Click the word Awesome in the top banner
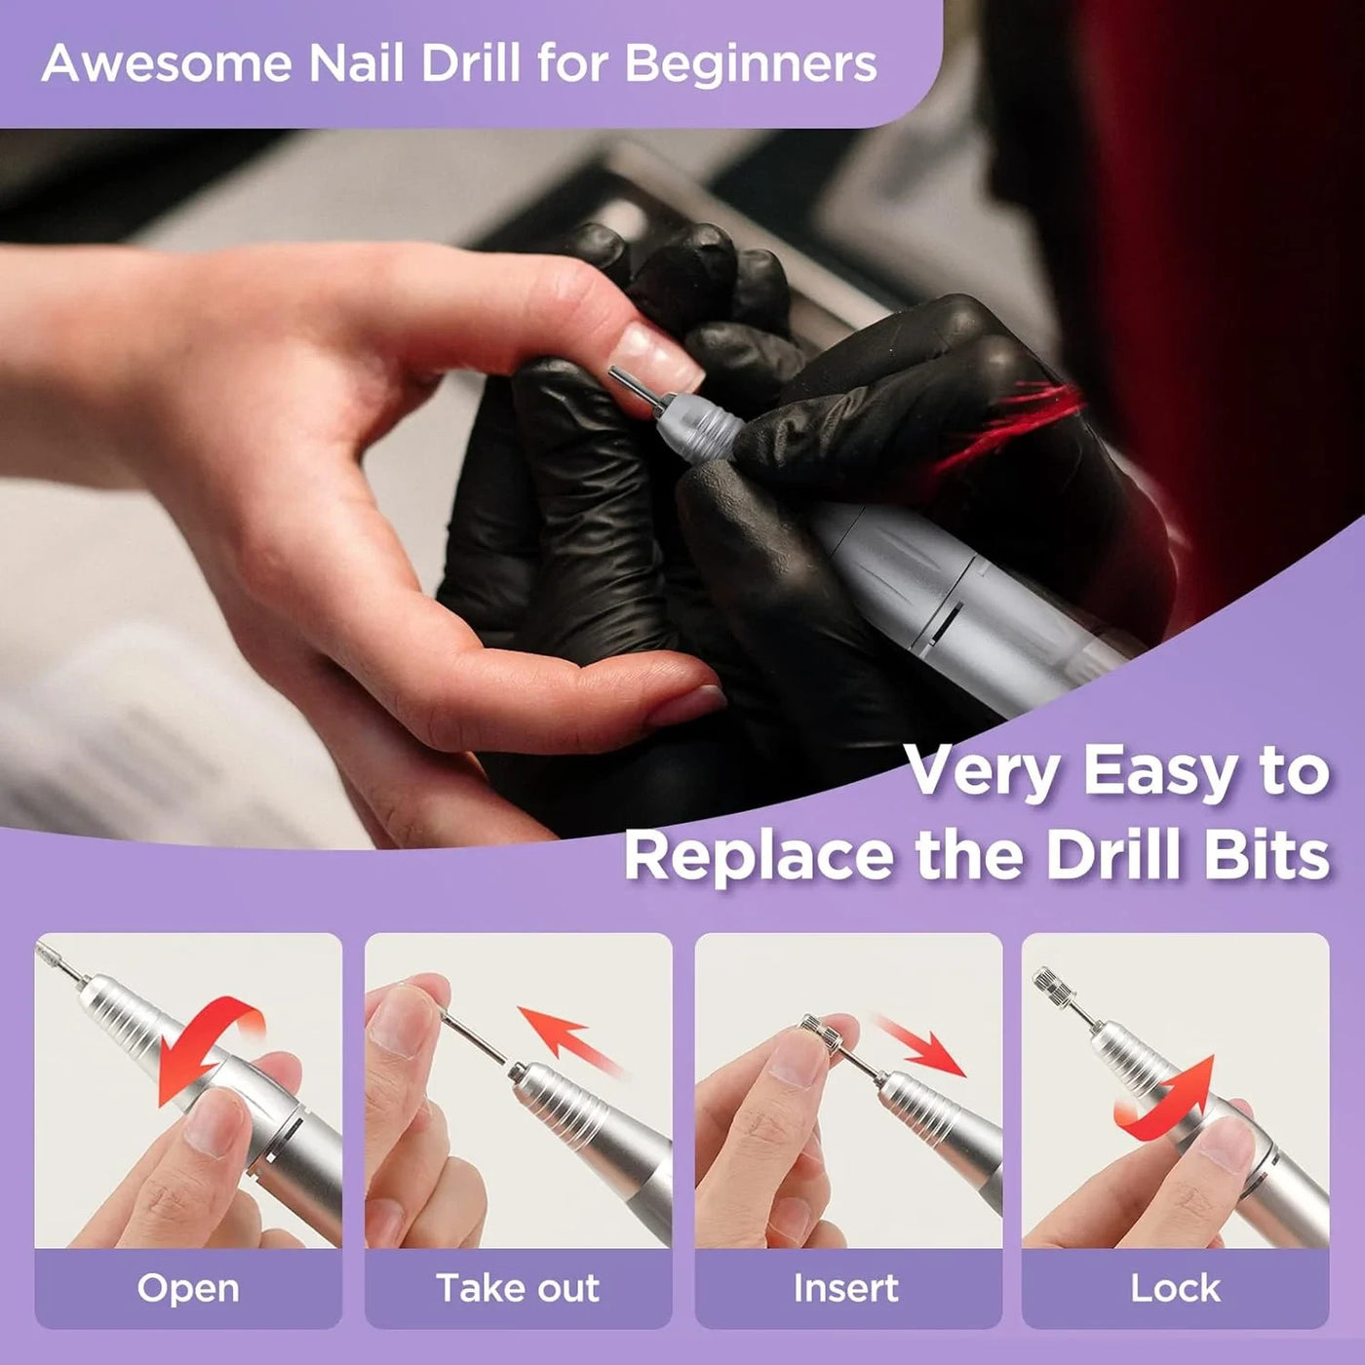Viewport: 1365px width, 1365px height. [x=167, y=63]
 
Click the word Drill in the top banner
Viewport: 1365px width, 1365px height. [x=470, y=63]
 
